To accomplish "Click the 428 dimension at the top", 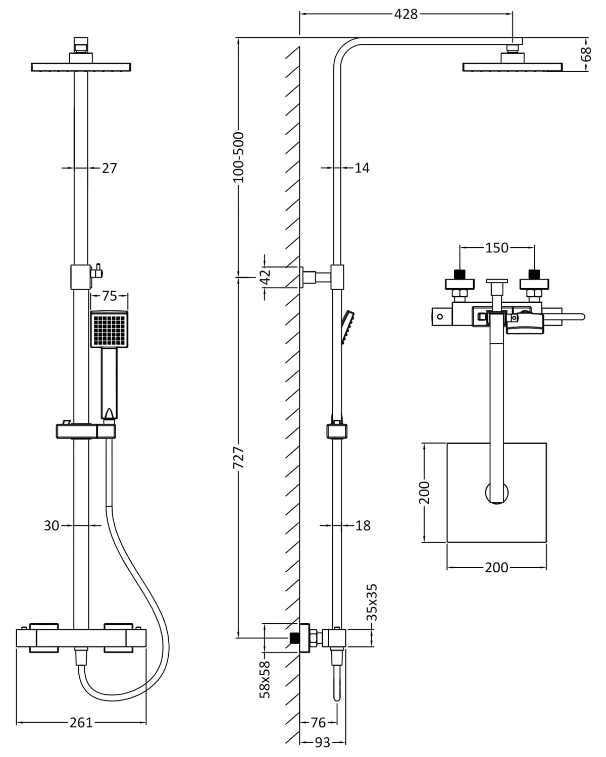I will tap(406, 15).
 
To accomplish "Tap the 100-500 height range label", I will tap(238, 157).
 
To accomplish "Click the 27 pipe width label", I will tap(109, 168).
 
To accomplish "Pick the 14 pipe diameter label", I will tap(362, 168).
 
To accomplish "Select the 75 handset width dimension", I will tap(109, 296).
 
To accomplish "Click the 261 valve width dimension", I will tap(81, 723).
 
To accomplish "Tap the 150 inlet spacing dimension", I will tap(497, 248).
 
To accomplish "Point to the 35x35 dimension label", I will tap(372, 602).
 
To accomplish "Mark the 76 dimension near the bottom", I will tap(318, 723).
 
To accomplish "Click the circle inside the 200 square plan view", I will tap(497, 493).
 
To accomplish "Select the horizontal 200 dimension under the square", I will tap(496, 568).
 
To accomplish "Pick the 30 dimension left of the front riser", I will tap(52, 526).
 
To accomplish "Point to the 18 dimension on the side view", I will tap(363, 526).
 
